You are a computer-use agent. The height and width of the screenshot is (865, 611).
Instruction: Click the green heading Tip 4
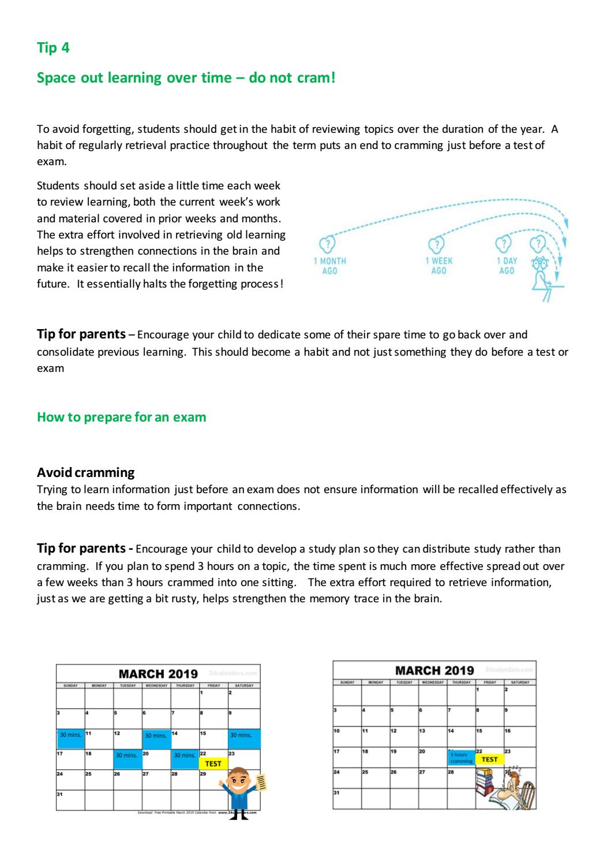click(x=53, y=48)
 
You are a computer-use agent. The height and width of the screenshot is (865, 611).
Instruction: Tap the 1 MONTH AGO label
click(x=329, y=266)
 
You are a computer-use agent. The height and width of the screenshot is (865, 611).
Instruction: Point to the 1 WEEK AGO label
click(x=439, y=266)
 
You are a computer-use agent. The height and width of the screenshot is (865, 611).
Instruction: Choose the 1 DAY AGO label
click(x=507, y=266)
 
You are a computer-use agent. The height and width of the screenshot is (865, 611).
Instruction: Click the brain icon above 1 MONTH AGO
click(x=327, y=244)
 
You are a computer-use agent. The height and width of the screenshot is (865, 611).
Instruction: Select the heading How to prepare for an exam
click(x=121, y=417)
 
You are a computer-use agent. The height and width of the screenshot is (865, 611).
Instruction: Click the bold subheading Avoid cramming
click(x=85, y=472)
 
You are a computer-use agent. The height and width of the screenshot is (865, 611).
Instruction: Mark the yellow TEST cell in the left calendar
click(x=213, y=763)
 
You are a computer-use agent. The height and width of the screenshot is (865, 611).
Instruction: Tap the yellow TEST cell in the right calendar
click(x=489, y=759)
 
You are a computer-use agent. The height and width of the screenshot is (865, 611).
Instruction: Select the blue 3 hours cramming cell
click(x=461, y=758)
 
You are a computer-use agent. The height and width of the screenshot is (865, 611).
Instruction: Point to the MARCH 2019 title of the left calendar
click(x=158, y=674)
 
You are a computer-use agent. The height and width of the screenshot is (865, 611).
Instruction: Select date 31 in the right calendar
click(x=336, y=792)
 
